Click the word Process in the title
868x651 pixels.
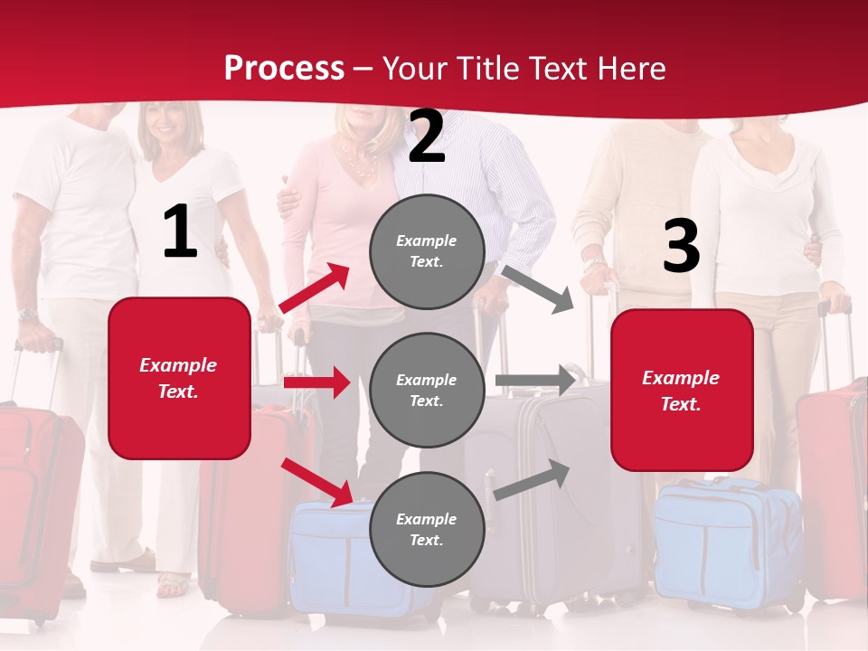284,68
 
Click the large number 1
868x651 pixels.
180,232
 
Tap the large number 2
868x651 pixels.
427,137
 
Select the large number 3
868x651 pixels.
681,246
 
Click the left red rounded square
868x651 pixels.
179,378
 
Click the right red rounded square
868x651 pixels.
682,390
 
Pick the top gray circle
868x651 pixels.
427,251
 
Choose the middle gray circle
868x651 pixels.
427,390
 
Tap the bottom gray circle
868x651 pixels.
427,529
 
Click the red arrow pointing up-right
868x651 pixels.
315,288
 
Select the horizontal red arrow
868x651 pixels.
316,382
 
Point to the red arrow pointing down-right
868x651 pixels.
316,481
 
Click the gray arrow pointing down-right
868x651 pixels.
537,288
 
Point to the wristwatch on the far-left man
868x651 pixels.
27,315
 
